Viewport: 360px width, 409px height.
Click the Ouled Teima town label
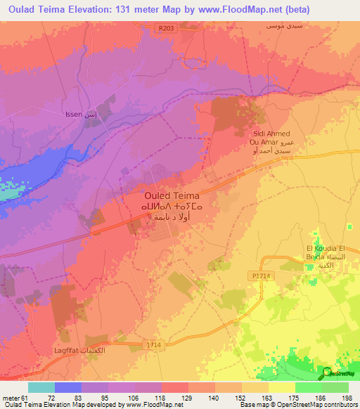172,196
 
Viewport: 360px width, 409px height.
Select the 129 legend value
188,398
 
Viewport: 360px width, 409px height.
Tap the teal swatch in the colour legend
41,387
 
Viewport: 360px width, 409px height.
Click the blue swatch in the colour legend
68,387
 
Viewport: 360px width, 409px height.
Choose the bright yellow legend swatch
282,387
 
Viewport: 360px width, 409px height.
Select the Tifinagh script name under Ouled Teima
172,207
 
